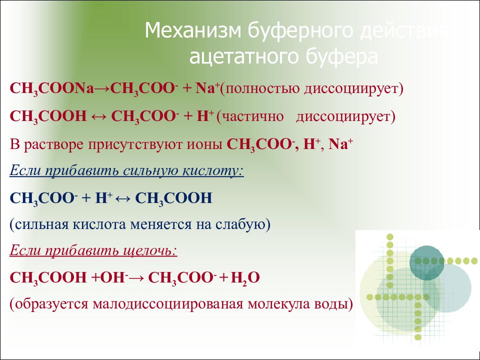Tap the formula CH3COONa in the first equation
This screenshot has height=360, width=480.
(51, 89)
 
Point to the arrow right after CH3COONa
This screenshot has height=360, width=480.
(102, 89)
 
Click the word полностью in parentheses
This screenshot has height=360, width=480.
(262, 89)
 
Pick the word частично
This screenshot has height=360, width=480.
(253, 117)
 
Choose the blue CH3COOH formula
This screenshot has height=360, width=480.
(173, 198)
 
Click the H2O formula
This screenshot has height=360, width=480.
(245, 278)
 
